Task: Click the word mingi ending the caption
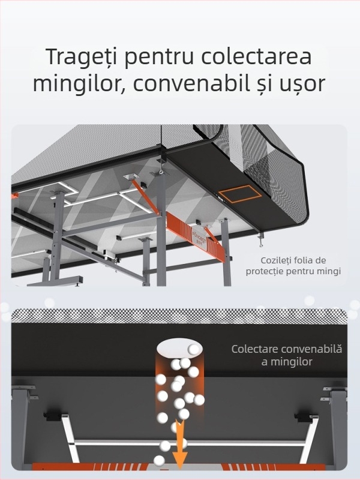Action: click(x=328, y=271)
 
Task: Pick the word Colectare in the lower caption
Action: click(x=257, y=349)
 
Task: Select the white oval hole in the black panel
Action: click(x=180, y=349)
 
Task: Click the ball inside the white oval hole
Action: click(x=193, y=349)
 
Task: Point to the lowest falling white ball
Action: click(x=159, y=461)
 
